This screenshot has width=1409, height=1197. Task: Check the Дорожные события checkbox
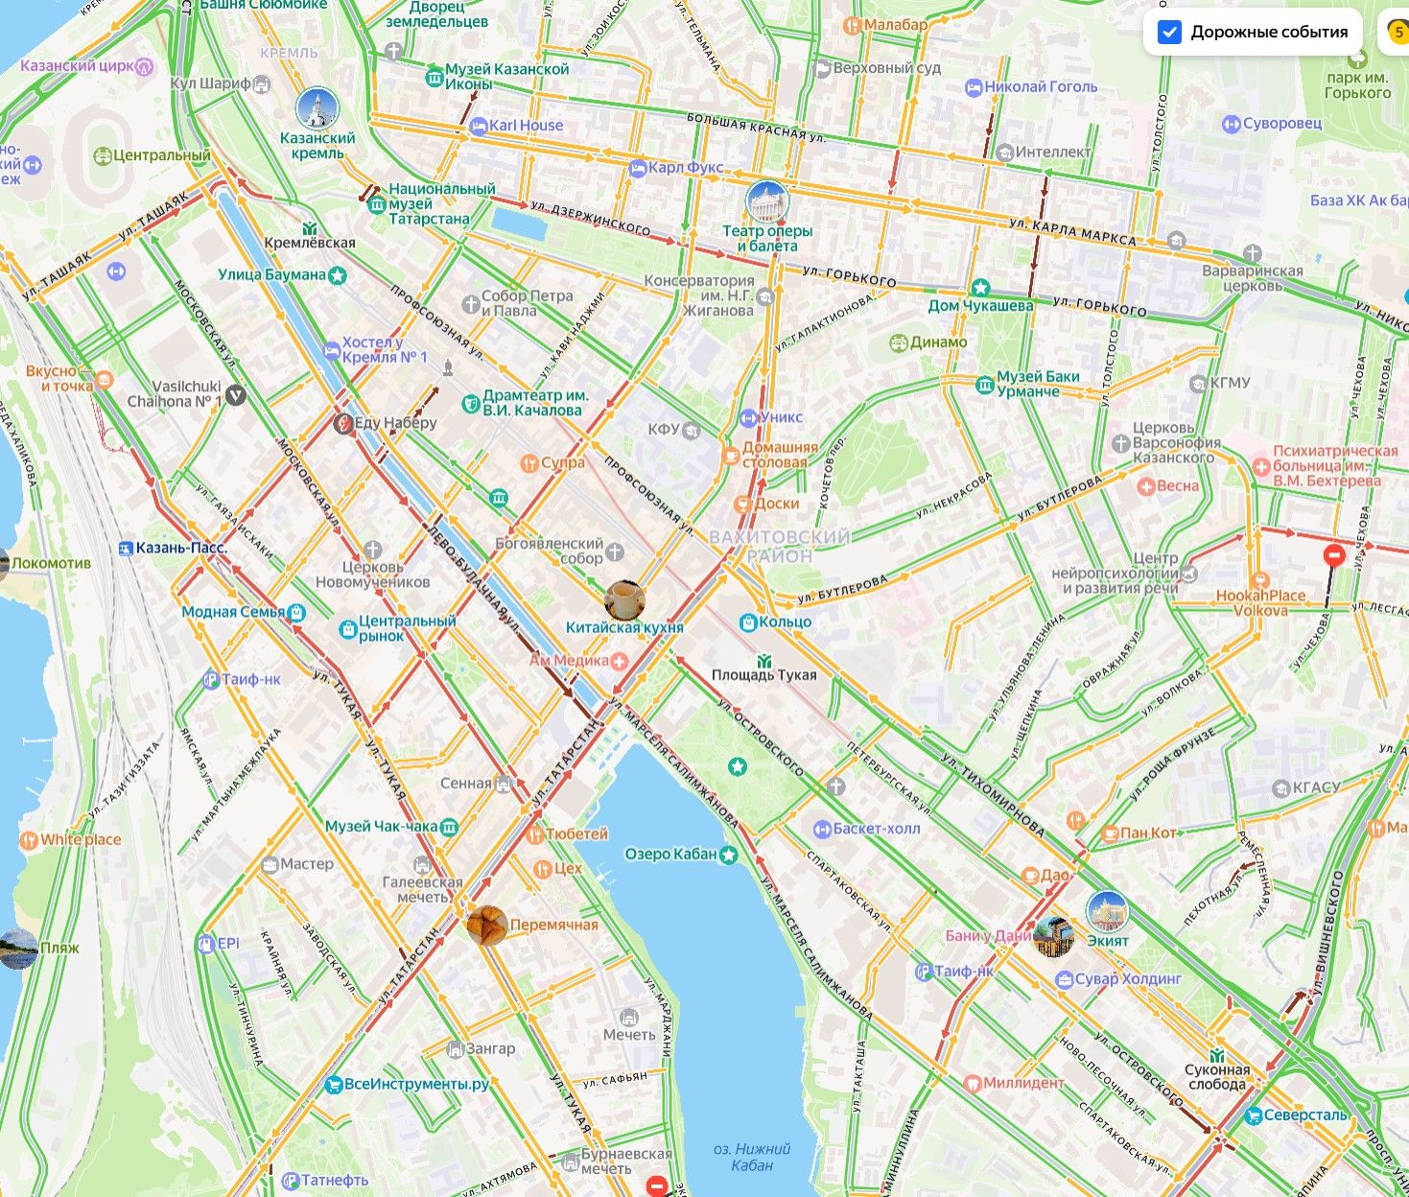click(1169, 32)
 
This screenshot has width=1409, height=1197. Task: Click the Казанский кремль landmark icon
click(317, 110)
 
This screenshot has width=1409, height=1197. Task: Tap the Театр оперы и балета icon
click(766, 201)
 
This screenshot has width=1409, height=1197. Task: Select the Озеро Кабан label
click(670, 854)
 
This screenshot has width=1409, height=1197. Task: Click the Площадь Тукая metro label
click(763, 674)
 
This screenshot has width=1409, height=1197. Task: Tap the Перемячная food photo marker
click(487, 926)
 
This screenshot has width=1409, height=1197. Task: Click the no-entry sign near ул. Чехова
click(1333, 555)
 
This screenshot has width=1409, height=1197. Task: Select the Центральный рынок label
click(406, 628)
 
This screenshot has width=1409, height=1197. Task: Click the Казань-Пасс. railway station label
click(180, 548)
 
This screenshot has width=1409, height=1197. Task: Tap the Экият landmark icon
click(1107, 911)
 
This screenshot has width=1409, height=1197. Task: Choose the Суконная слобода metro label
click(1217, 1076)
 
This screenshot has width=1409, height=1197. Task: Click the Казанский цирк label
click(79, 66)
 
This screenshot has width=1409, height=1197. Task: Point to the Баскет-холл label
click(876, 829)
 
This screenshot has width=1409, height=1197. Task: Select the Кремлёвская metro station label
click(310, 243)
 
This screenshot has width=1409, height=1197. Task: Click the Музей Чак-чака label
click(382, 826)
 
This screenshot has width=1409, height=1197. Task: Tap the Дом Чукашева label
click(980, 305)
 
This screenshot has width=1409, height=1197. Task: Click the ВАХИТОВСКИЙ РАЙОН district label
click(779, 546)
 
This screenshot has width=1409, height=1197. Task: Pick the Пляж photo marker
click(19, 949)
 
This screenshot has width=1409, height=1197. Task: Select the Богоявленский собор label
click(550, 551)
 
